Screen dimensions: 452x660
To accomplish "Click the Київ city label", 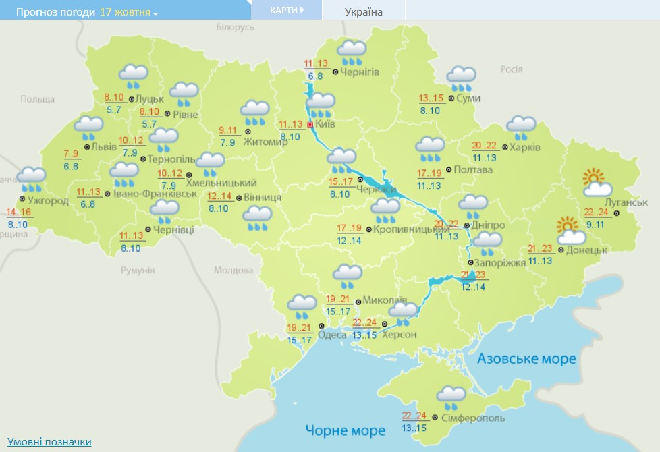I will point(326,125).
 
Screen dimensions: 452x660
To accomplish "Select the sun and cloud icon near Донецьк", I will point(570,230).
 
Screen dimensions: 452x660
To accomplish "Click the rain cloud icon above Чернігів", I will point(352,52).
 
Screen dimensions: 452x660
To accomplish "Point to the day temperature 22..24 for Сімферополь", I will point(414,416).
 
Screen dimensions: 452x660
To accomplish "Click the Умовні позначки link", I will point(49,441).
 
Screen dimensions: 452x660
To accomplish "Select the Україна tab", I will point(363,11).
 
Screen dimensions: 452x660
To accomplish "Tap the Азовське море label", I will point(527,358).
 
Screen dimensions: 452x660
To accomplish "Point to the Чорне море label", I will point(345,430).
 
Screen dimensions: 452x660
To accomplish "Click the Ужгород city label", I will point(49,200).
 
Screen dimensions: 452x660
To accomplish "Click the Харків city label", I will point(525,147).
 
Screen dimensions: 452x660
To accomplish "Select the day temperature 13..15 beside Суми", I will point(431,98).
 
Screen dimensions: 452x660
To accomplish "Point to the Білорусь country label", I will point(235,27).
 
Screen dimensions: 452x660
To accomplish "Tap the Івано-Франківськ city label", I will point(165,194).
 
